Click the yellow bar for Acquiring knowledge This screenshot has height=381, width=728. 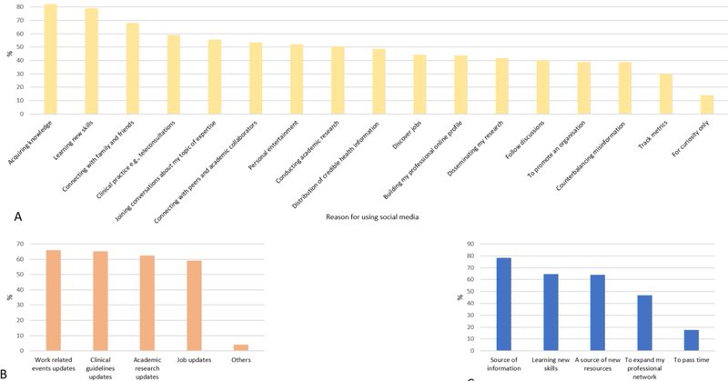51,59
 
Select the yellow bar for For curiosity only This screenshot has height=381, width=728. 707,105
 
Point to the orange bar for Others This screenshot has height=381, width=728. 241,346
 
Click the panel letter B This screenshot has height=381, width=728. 7,374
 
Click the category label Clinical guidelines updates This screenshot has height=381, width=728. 100,369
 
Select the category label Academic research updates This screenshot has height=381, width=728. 147,369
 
